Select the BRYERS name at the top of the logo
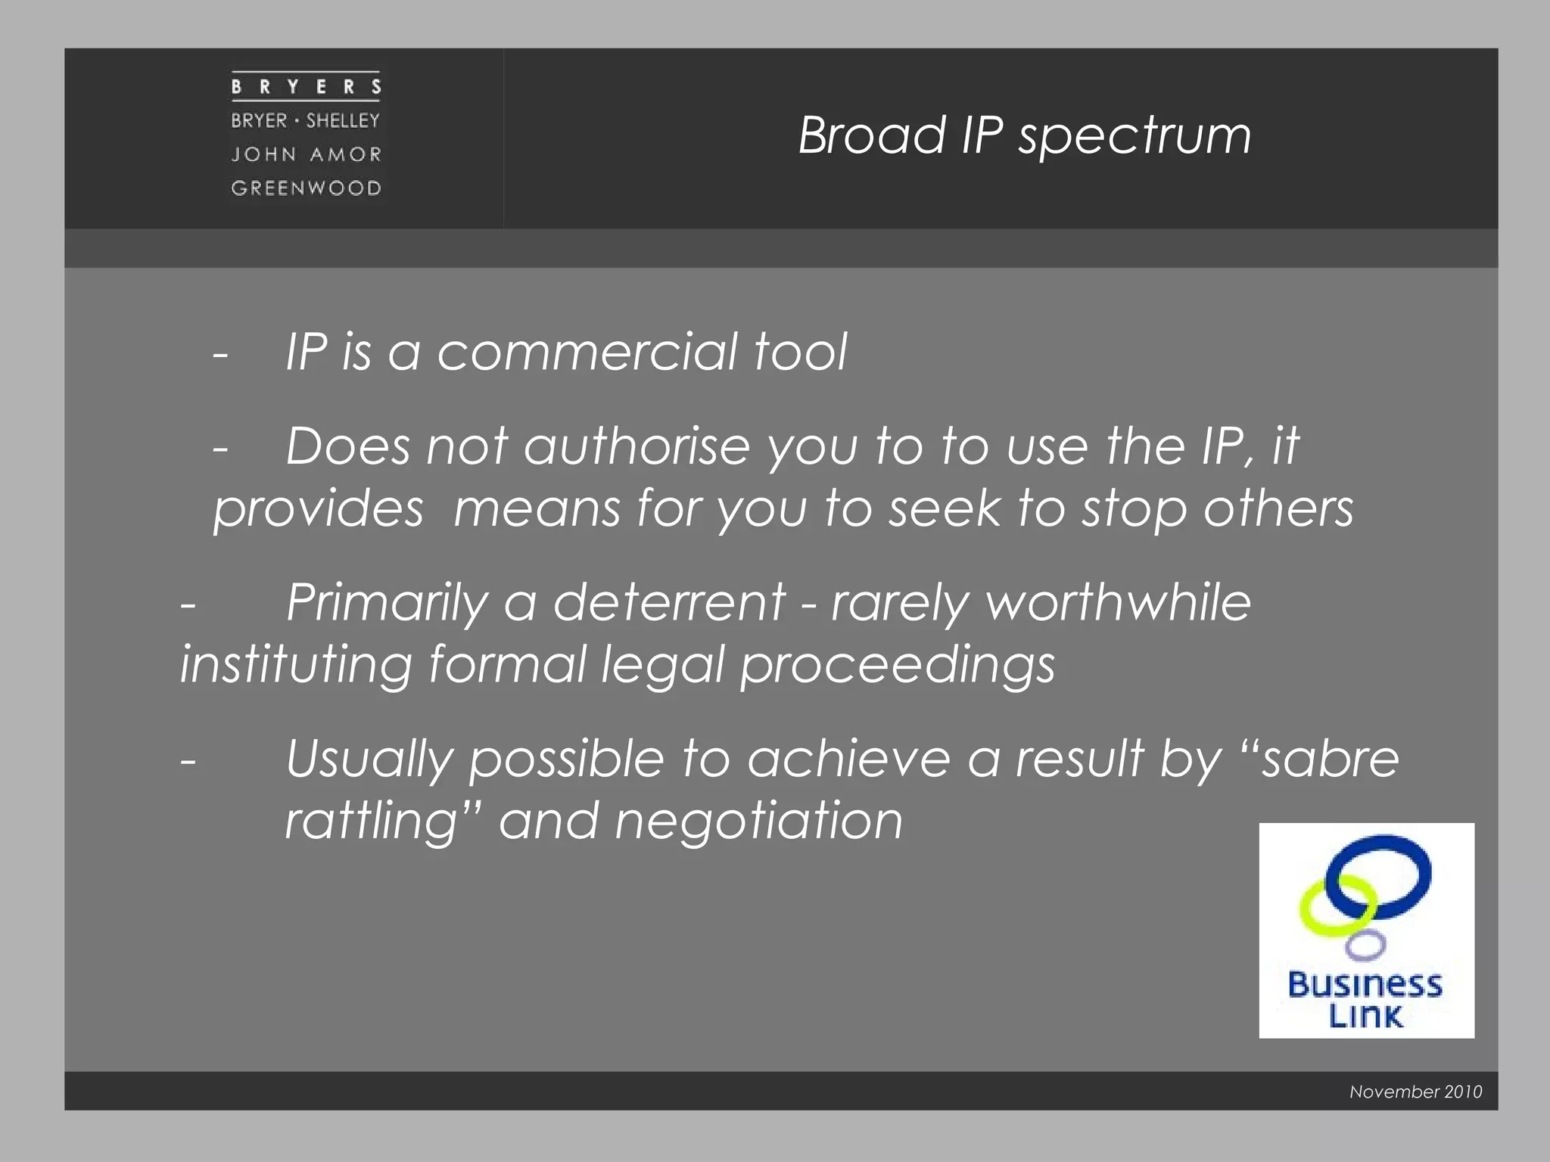pos(306,87)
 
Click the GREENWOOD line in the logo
pos(306,188)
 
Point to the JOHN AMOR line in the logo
pos(306,154)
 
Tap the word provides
pos(318,508)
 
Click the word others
pos(1278,508)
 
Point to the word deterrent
pos(669,603)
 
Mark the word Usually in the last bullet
pos(369,760)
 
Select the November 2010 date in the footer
pos(1415,1092)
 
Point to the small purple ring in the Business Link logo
pos(1365,945)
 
